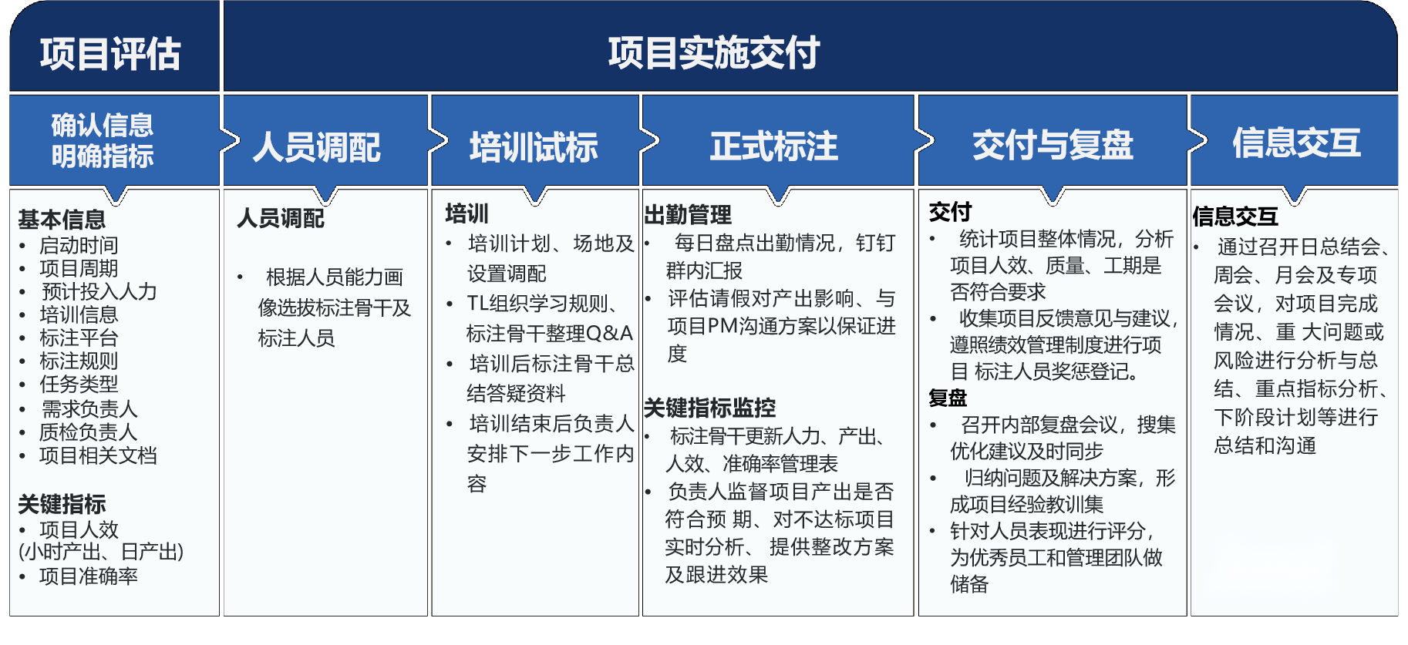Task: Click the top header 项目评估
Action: (x=110, y=54)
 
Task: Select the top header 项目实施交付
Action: (x=713, y=53)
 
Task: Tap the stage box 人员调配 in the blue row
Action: (x=316, y=146)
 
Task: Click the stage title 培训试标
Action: (x=534, y=146)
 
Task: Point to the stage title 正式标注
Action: (x=773, y=146)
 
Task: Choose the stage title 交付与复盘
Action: (x=1053, y=145)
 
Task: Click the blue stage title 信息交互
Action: (x=1296, y=143)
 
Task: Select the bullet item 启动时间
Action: (x=79, y=245)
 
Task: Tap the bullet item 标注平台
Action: (x=79, y=338)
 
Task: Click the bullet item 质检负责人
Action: (x=88, y=432)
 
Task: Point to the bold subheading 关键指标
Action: (x=62, y=504)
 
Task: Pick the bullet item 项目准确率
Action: (x=89, y=576)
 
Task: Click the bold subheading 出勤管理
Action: (x=688, y=214)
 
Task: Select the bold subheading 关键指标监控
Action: (x=709, y=408)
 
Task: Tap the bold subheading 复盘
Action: (x=948, y=398)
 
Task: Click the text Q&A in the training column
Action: (x=609, y=333)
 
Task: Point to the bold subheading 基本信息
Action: (x=62, y=220)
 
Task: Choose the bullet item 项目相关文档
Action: (x=98, y=455)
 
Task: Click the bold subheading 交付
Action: (x=950, y=211)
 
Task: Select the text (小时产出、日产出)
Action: (x=101, y=552)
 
